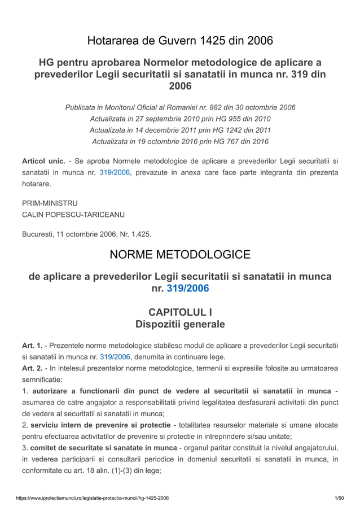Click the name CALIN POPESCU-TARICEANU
[x=73, y=215]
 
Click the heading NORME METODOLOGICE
[x=179, y=255]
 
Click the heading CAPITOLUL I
[x=179, y=312]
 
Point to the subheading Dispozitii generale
[x=179, y=324]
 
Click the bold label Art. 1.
[x=32, y=345]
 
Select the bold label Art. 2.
[x=32, y=368]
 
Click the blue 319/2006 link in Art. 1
[x=115, y=357]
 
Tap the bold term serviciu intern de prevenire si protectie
[x=101, y=425]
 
